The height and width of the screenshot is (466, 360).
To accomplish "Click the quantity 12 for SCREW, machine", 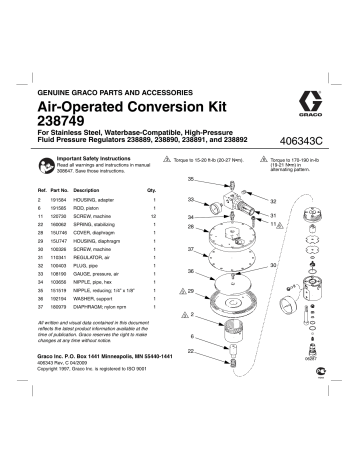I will point(152,214).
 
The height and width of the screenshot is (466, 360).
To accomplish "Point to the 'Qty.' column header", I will point(152,189).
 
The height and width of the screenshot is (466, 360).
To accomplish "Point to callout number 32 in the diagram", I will point(272,200).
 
